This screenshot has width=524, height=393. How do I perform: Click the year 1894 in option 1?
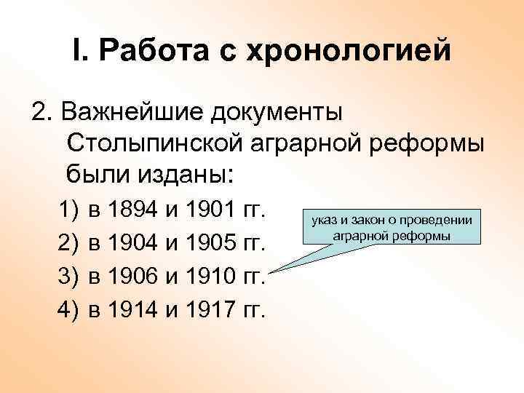134,212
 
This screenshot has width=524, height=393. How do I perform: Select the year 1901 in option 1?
210,212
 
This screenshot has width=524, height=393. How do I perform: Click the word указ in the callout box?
323,220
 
